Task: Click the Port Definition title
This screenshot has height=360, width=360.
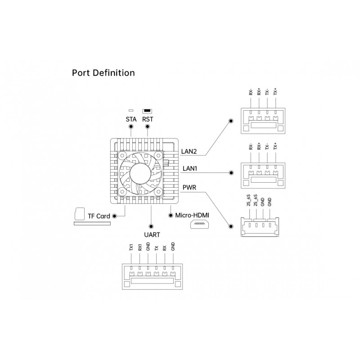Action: [x=103, y=73]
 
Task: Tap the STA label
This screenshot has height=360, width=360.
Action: [x=131, y=119]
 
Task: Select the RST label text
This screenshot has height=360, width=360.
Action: [x=148, y=119]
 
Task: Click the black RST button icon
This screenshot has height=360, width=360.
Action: [x=147, y=111]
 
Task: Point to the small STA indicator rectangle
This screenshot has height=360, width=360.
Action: [x=131, y=111]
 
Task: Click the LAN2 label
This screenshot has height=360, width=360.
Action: [x=189, y=152]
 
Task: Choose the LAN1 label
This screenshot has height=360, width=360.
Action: [x=190, y=168]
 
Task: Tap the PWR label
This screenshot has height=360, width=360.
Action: [x=189, y=188]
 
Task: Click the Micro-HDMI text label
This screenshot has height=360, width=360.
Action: [x=192, y=216]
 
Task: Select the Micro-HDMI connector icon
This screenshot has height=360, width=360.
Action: [x=199, y=224]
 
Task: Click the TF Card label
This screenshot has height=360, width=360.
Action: [x=99, y=216]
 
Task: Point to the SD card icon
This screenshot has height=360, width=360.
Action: [x=80, y=214]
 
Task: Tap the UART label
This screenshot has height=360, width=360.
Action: [x=152, y=235]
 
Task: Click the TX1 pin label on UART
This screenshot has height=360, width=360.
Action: [x=131, y=247]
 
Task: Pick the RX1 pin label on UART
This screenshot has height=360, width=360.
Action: [x=140, y=247]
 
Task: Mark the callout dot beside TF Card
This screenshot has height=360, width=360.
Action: [x=114, y=216]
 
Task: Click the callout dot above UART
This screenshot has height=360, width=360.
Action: [x=151, y=226]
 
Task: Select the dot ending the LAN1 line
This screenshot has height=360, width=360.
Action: [x=231, y=173]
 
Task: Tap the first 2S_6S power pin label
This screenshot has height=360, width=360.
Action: [x=248, y=200]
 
